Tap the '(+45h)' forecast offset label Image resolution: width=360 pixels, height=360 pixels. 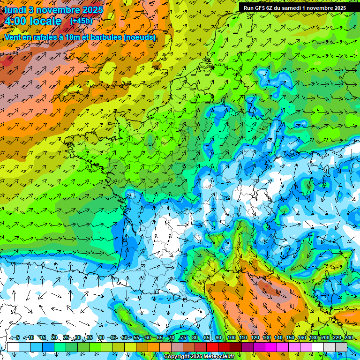(81, 21)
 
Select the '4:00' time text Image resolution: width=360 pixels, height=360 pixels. (15, 21)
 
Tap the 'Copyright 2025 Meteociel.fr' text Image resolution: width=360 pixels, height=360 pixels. (199, 357)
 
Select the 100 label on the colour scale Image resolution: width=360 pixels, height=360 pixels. (231, 338)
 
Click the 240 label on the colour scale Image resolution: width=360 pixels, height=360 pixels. (348, 338)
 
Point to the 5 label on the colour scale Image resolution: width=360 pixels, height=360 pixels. (18, 338)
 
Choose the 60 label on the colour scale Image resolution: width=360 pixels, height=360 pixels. (148, 338)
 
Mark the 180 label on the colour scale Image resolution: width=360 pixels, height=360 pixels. (313, 338)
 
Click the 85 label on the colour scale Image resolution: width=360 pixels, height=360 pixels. (207, 338)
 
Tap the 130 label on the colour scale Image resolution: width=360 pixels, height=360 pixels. (266, 338)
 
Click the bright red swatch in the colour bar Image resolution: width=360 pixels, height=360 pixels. (212, 347)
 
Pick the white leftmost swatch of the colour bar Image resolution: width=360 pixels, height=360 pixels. (13, 347)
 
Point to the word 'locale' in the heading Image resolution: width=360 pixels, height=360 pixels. (45, 21)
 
